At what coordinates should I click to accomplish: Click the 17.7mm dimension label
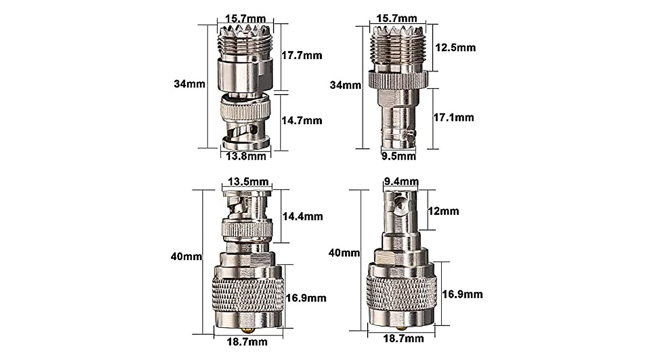[302, 55]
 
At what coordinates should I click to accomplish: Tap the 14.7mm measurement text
[302, 120]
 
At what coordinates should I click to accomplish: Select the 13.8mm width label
[246, 156]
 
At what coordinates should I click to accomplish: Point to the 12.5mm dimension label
[456, 47]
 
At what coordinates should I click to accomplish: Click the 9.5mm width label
[398, 156]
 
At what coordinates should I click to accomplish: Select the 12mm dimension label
[443, 211]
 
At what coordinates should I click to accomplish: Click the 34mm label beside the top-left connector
[184, 84]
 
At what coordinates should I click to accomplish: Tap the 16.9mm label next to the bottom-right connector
[462, 294]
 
